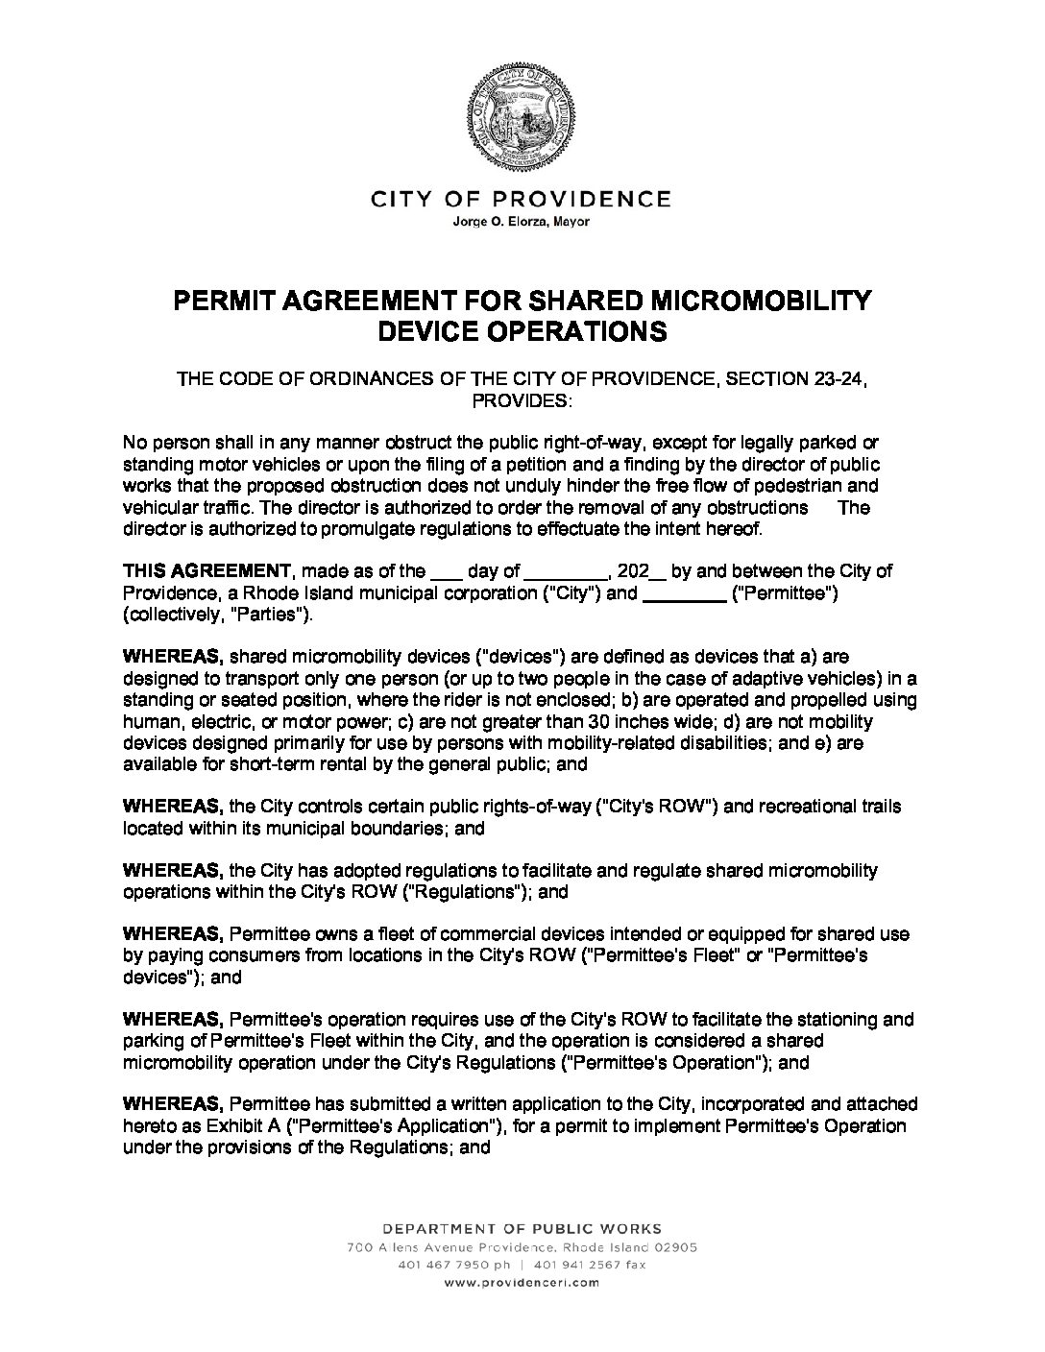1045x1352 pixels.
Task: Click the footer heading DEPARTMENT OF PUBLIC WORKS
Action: coord(522,1228)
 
